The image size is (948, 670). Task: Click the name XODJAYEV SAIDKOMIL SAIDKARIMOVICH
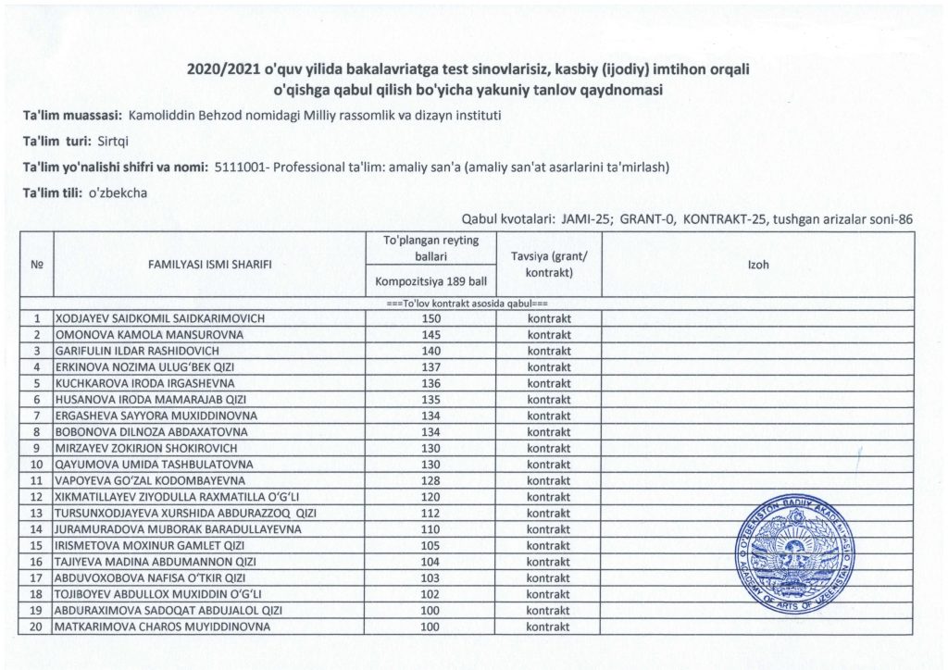[160, 318]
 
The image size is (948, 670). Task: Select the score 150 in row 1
[432, 318]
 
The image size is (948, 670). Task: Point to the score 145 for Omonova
[432, 335]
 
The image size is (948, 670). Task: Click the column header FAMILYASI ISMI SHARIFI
[209, 265]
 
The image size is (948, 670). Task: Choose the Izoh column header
[757, 265]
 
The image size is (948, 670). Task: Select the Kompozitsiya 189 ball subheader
[432, 279]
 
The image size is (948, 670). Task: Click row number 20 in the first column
[38, 627]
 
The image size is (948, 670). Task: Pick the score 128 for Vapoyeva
[432, 480]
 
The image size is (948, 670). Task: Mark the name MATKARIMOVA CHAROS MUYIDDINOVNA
[163, 627]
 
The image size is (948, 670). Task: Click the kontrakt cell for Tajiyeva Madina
[549, 562]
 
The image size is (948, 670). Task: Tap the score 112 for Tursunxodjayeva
[432, 513]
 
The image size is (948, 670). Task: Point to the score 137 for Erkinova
[432, 367]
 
